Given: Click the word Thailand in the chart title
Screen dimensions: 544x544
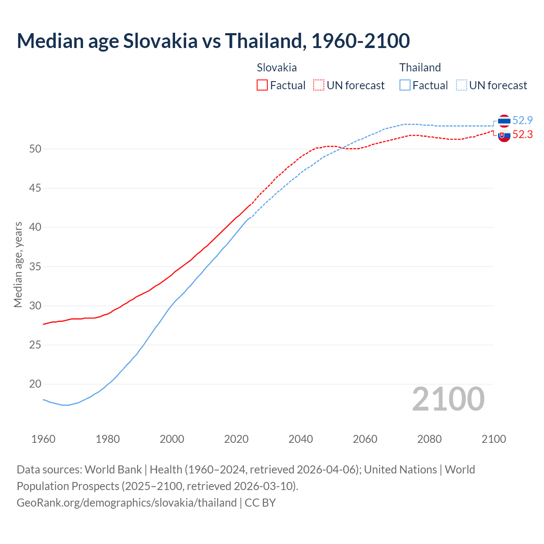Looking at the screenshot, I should click(x=264, y=41).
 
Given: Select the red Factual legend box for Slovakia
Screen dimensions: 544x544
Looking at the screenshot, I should click(x=262, y=85).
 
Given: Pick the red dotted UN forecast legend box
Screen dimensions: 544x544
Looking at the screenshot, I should click(x=319, y=85).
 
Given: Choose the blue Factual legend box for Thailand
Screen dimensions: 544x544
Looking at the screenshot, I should click(x=405, y=85).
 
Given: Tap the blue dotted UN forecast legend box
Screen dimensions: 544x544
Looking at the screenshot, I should click(x=462, y=85).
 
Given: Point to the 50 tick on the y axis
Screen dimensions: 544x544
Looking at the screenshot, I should click(x=35, y=149).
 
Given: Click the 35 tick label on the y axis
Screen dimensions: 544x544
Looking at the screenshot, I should click(x=35, y=267).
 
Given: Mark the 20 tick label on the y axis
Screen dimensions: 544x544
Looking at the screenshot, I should click(x=35, y=384).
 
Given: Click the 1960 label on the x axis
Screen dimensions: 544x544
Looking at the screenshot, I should click(x=43, y=439).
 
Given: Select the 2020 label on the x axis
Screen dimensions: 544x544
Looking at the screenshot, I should click(x=236, y=439).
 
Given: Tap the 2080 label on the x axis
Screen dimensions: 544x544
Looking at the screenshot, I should click(x=429, y=439).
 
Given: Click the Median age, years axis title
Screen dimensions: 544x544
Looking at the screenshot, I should click(x=18, y=264).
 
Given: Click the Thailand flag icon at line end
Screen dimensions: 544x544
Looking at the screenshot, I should click(x=504, y=121).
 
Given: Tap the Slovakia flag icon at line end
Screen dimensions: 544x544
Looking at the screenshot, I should click(x=504, y=136).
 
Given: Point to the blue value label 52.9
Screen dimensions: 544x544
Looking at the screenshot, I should click(x=522, y=121).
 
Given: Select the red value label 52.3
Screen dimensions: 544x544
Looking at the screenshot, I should click(x=522, y=135).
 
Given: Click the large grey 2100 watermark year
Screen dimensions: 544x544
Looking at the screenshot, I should click(x=448, y=399).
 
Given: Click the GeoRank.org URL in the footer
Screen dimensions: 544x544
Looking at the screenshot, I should click(x=127, y=503).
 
